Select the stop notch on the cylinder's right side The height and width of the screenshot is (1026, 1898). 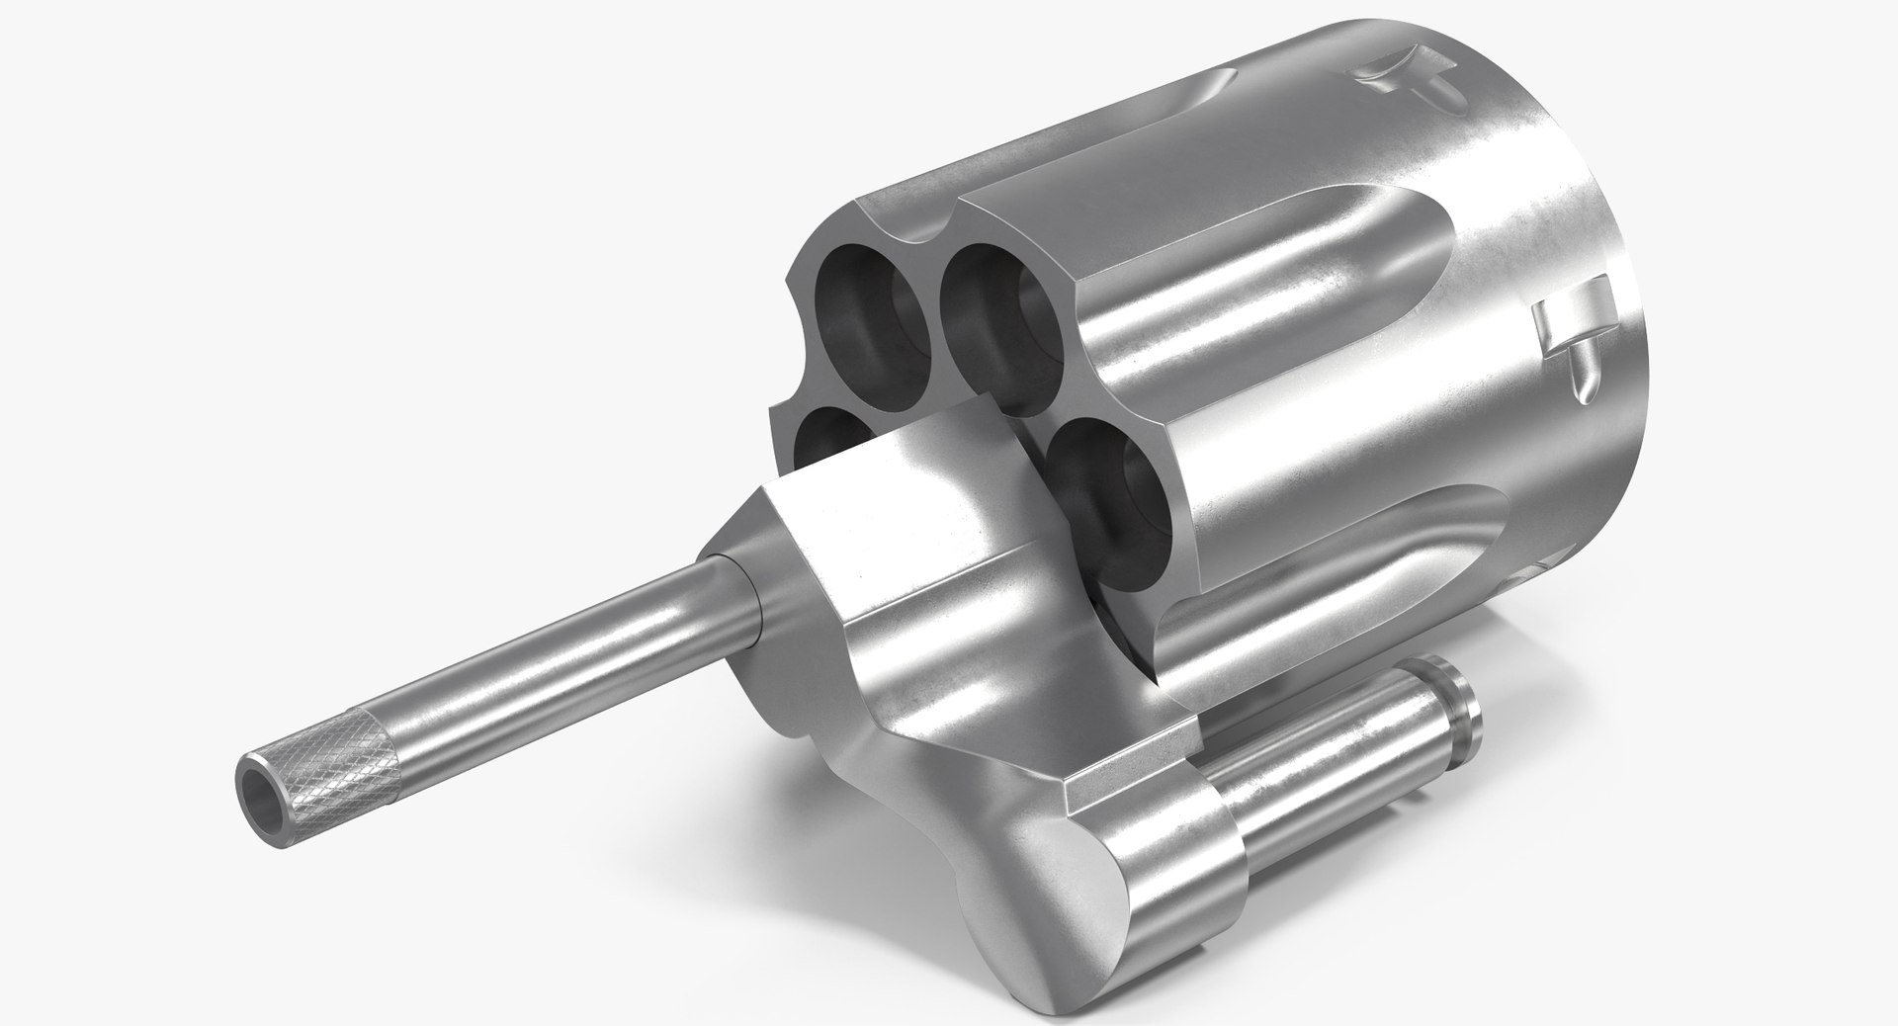(x=1572, y=341)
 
